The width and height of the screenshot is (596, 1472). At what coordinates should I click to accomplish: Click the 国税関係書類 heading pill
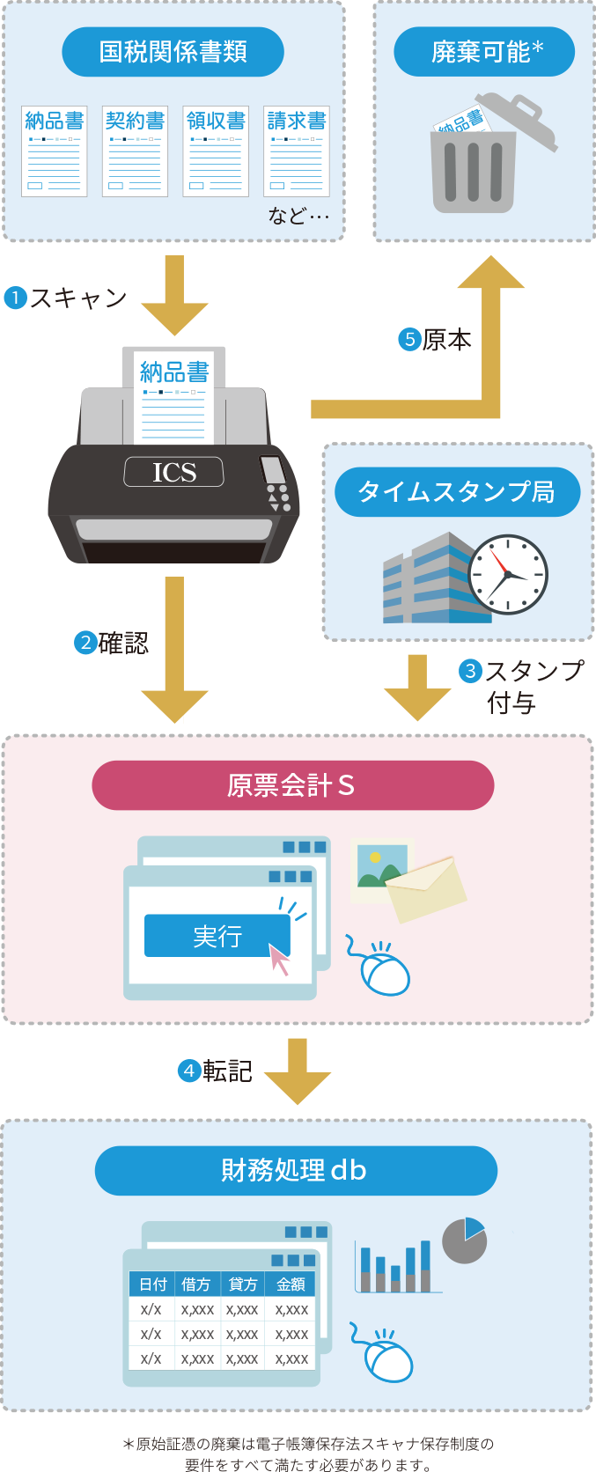pyautogui.click(x=173, y=52)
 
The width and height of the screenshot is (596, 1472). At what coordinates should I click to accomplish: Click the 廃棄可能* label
pyautogui.click(x=484, y=52)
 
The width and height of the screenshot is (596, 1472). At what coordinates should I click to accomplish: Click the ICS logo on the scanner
pyautogui.click(x=174, y=473)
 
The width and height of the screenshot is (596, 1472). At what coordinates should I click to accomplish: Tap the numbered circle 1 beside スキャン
pyautogui.click(x=15, y=298)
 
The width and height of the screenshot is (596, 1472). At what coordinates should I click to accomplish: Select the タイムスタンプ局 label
pyautogui.click(x=457, y=492)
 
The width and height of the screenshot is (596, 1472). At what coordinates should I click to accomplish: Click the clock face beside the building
pyautogui.click(x=507, y=575)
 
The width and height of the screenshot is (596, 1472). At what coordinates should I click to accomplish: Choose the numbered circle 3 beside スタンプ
pyautogui.click(x=471, y=671)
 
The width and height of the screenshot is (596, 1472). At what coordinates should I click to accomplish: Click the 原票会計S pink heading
pyautogui.click(x=292, y=785)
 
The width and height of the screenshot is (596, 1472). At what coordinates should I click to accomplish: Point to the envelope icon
pyautogui.click(x=426, y=889)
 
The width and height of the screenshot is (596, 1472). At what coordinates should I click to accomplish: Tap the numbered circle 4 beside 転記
pyautogui.click(x=189, y=1071)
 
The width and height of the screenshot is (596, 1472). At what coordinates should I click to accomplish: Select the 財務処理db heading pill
pyautogui.click(x=296, y=1170)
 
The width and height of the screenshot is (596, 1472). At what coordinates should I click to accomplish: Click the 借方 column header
pyautogui.click(x=196, y=1284)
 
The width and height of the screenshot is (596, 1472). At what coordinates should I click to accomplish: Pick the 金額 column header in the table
pyautogui.click(x=291, y=1284)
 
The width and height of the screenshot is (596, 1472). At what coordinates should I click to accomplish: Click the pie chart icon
pyautogui.click(x=464, y=1240)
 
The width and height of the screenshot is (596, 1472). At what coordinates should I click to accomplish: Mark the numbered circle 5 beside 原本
pyautogui.click(x=409, y=340)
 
